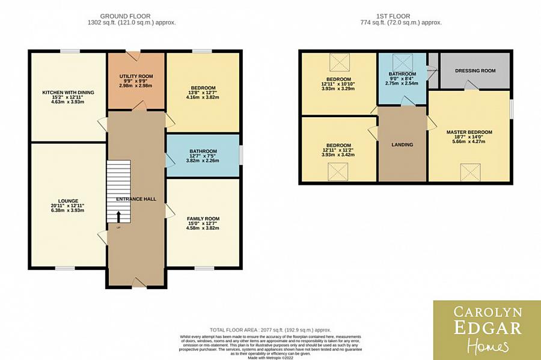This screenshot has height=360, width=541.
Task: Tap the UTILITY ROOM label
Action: [x=136, y=76]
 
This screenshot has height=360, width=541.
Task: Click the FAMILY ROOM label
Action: [x=203, y=219]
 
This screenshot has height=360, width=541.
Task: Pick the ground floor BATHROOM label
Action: [x=203, y=151]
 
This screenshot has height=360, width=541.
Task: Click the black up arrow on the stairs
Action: [x=119, y=217]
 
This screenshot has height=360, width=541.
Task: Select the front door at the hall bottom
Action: [x=137, y=282]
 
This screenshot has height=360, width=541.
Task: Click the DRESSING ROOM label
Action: [x=475, y=71]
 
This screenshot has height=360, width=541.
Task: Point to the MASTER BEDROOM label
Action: [x=469, y=132]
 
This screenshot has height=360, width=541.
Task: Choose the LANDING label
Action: [x=402, y=145]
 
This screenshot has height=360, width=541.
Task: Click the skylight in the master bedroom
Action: [x=469, y=172]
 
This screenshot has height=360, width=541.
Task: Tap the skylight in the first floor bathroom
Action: [x=400, y=62]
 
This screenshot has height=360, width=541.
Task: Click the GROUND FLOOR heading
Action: [x=125, y=16]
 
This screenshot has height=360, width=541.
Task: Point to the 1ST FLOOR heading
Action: [x=402, y=16]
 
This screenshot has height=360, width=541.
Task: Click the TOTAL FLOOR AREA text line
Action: [x=270, y=330]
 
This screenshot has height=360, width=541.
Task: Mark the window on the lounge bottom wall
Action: [x=66, y=267]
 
